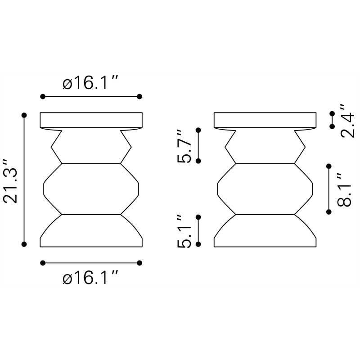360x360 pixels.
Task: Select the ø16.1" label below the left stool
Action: pos(90,278)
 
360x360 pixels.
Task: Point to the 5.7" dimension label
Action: pos(184,146)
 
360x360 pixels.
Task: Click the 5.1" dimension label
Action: pos(184,231)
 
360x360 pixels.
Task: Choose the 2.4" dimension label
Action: pos(347,121)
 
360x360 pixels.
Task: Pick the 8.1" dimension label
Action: pos(344,190)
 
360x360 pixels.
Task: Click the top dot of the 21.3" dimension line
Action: pos(24,115)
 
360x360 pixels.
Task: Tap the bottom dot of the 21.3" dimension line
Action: pos(24,244)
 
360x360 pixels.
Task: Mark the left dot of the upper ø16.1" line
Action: pos(43,96)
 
